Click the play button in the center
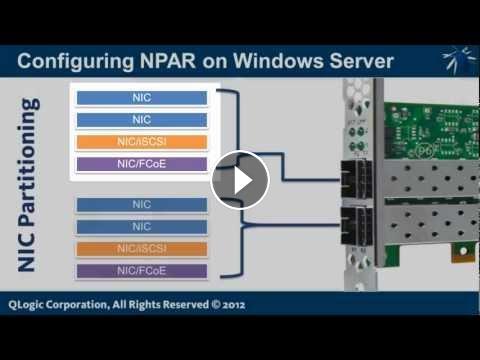point(240,180)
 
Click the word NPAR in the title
point(168,61)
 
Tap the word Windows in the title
point(278,61)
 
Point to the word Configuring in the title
point(75,62)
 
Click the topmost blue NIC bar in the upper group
point(142,98)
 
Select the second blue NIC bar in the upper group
point(142,120)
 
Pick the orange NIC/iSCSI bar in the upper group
point(142,142)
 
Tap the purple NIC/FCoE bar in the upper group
point(142,164)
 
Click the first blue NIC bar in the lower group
point(142,205)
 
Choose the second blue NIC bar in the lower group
point(142,227)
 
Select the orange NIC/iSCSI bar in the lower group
point(142,249)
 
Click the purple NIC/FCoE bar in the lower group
point(142,271)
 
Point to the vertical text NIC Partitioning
point(29,184)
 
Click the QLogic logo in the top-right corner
point(459,61)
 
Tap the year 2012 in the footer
point(234,305)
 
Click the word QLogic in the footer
point(25,305)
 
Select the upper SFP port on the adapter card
point(357,179)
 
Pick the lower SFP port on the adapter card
point(357,226)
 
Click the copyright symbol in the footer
point(216,304)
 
